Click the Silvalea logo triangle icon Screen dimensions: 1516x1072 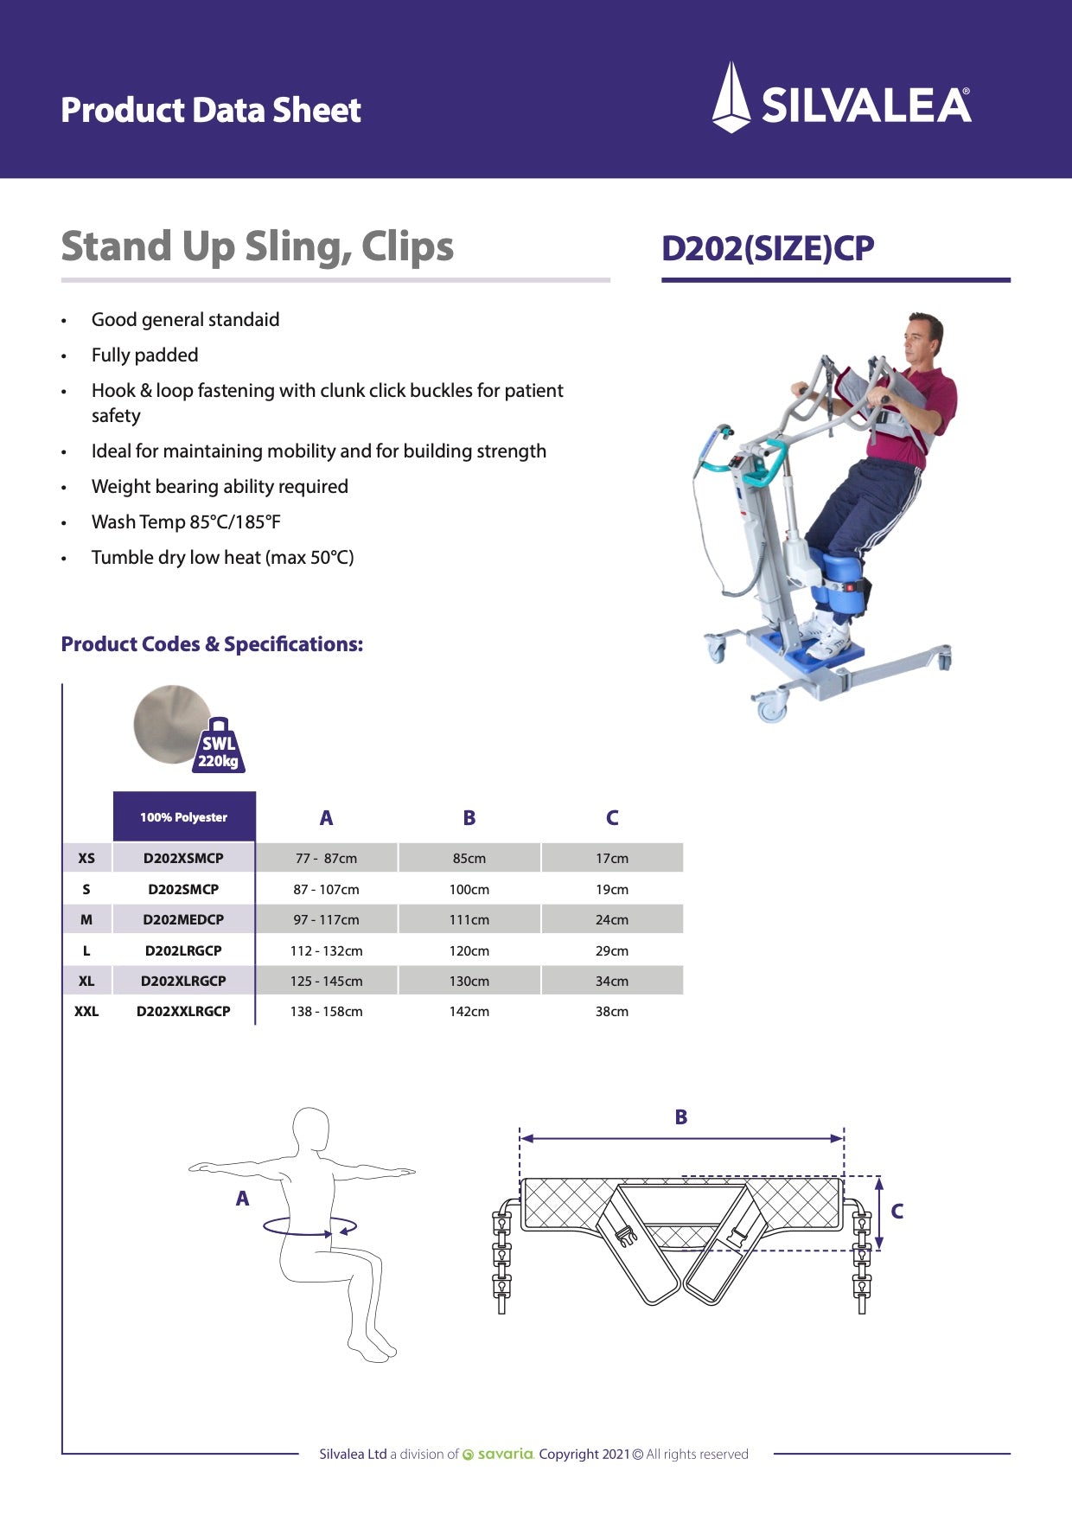pos(731,97)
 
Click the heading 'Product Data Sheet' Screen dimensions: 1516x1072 pos(211,110)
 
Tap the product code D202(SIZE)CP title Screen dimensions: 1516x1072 pos(768,248)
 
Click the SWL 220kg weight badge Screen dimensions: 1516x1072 pos(220,749)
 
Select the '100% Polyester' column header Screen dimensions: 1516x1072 pos(183,817)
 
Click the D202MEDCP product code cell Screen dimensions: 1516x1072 pos(183,919)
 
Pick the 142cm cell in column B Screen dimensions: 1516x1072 pos(469,1011)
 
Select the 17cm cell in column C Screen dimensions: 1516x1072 pos(611,858)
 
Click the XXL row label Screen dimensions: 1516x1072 pos(86,1011)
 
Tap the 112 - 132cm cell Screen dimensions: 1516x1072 pos(326,950)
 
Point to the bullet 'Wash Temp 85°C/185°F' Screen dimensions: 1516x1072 pos(186,521)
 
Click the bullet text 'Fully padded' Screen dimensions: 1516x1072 pos(144,355)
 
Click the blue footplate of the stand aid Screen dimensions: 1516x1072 pos(808,653)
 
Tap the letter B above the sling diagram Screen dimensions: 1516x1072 pos(681,1116)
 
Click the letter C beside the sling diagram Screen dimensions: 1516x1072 pos(897,1211)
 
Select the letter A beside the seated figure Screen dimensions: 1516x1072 pos(242,1198)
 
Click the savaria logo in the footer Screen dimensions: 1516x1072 pos(499,1454)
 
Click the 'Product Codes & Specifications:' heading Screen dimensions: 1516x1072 pos(212,644)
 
